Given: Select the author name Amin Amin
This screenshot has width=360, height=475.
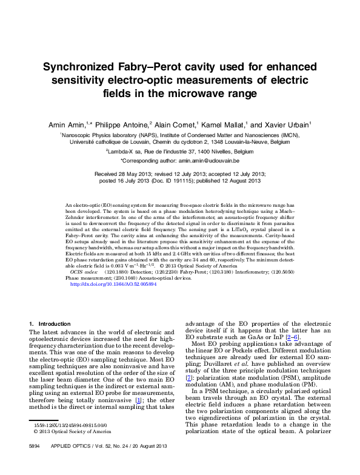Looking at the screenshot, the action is click(68, 124).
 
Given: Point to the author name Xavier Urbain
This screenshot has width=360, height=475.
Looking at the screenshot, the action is click(288, 124).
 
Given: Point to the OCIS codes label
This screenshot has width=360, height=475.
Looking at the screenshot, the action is click(85, 273).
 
